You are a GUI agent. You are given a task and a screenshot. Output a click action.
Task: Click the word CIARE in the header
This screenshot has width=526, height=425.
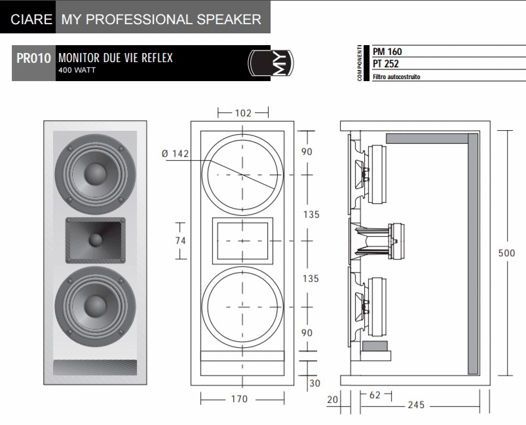[31, 19]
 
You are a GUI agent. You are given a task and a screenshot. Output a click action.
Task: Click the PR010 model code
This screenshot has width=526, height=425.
[34, 59]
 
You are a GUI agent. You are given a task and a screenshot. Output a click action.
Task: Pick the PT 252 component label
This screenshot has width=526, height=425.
[386, 64]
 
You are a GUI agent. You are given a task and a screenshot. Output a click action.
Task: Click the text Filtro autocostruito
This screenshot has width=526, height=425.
[396, 76]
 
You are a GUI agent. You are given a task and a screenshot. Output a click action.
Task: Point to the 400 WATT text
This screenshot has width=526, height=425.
[77, 70]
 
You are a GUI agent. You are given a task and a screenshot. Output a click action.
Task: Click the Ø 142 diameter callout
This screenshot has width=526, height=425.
[175, 154]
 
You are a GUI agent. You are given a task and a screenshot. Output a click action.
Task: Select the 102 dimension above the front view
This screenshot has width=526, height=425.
[242, 112]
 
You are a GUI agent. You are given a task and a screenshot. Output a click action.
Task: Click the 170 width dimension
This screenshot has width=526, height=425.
[240, 399]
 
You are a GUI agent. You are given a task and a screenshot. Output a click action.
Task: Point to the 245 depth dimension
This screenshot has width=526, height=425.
[416, 405]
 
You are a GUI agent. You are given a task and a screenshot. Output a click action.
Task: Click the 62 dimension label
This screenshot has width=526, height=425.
[374, 395]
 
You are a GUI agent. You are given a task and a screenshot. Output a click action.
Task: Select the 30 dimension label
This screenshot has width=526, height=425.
[314, 383]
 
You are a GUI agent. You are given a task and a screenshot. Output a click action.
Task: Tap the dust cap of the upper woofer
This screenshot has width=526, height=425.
[96, 173]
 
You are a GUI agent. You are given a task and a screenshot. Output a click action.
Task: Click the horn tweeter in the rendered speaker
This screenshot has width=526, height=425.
[95, 240]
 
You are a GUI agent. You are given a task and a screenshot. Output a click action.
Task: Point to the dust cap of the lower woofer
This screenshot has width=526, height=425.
[96, 307]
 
